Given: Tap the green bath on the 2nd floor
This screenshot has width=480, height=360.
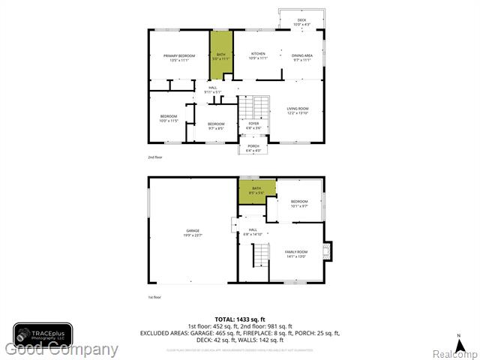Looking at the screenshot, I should [221, 56].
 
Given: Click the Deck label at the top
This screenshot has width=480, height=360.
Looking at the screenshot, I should [301, 22].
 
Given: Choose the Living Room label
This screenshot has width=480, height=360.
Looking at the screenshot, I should [298, 110].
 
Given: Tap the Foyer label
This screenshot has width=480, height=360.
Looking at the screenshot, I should [254, 125].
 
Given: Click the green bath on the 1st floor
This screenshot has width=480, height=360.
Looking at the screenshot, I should [256, 191].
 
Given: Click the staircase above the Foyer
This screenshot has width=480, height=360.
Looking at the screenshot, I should [259, 105].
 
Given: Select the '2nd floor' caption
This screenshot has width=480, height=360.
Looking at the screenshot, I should [155, 157].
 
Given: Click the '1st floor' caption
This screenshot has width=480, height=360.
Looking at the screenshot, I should [155, 298].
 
